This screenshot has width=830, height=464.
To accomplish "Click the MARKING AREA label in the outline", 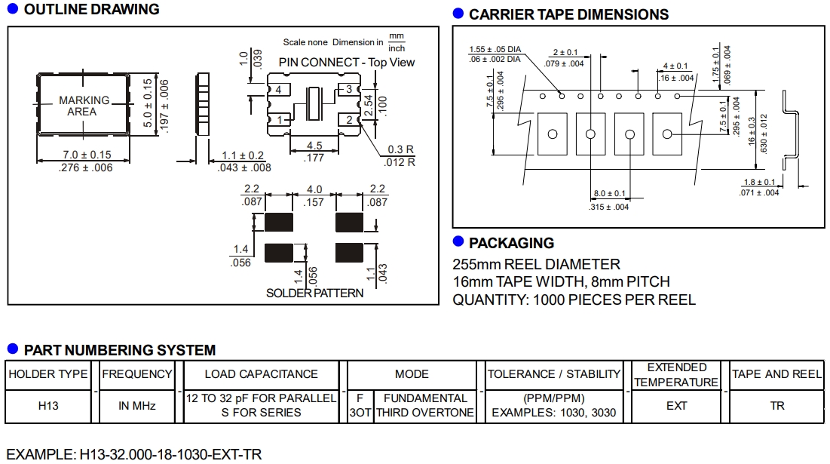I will [84, 106].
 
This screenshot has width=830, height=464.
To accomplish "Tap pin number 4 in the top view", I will [278, 91].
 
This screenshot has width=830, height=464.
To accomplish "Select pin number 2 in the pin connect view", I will [351, 120].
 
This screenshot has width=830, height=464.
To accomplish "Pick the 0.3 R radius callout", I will [400, 149].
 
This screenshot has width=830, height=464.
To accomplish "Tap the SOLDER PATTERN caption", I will [314, 293].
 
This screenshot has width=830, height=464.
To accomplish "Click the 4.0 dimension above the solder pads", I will [314, 189].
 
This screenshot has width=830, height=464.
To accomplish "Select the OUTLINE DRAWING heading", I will [91, 10].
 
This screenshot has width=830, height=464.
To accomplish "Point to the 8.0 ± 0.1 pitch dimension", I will [609, 194].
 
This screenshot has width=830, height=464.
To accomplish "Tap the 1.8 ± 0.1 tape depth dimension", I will [758, 182].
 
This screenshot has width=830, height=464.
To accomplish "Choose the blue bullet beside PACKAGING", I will [458, 241].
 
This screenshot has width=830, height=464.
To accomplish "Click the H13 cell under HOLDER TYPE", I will [48, 406].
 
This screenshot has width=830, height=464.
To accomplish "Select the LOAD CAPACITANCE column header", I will [261, 374].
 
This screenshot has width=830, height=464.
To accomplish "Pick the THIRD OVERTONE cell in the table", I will [425, 413].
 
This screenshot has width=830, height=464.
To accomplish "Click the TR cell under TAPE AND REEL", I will [777, 406].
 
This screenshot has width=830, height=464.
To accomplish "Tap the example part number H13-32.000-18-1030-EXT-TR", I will [133, 455].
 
